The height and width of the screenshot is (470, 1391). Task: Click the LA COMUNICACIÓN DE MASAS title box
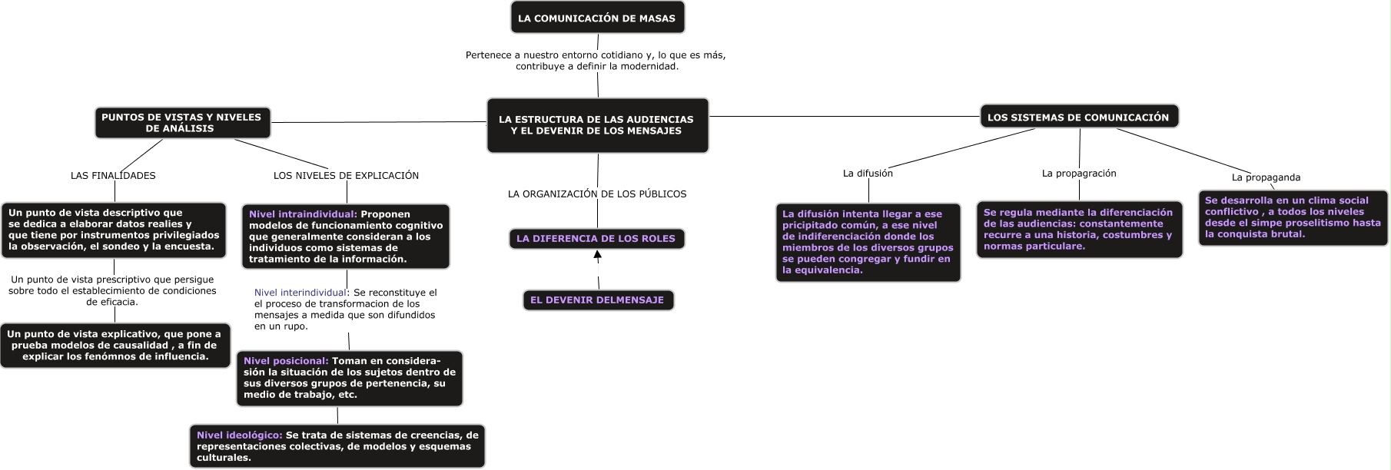point(597,18)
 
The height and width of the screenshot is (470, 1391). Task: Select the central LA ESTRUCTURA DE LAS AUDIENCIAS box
point(597,125)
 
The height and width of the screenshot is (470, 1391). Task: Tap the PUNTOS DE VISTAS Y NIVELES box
point(182,123)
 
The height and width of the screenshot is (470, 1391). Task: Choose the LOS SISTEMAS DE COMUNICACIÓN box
point(1078,118)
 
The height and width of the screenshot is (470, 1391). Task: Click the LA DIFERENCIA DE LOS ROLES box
point(596,239)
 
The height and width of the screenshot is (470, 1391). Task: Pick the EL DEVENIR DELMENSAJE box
point(597,300)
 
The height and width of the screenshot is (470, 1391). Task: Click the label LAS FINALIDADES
point(113,176)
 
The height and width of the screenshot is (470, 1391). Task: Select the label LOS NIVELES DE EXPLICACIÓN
point(346,176)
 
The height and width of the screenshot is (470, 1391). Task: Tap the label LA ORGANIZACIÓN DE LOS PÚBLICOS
point(597,194)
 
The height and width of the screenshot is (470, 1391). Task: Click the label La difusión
point(868,174)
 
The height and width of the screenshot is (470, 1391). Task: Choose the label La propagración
point(1079,174)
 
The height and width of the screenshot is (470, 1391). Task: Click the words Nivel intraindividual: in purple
point(303,214)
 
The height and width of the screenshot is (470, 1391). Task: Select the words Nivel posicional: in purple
point(286,361)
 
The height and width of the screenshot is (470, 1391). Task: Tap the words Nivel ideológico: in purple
point(239,435)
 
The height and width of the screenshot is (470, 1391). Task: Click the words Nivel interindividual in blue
point(300,293)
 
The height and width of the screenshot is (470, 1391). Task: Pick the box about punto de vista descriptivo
point(114,230)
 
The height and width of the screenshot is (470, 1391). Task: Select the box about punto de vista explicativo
point(115,345)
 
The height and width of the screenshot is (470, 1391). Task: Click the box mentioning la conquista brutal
point(1293,217)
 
